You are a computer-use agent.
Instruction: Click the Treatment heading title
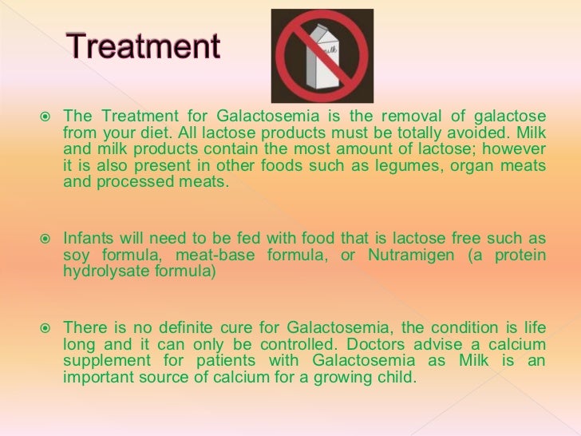point(141,49)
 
